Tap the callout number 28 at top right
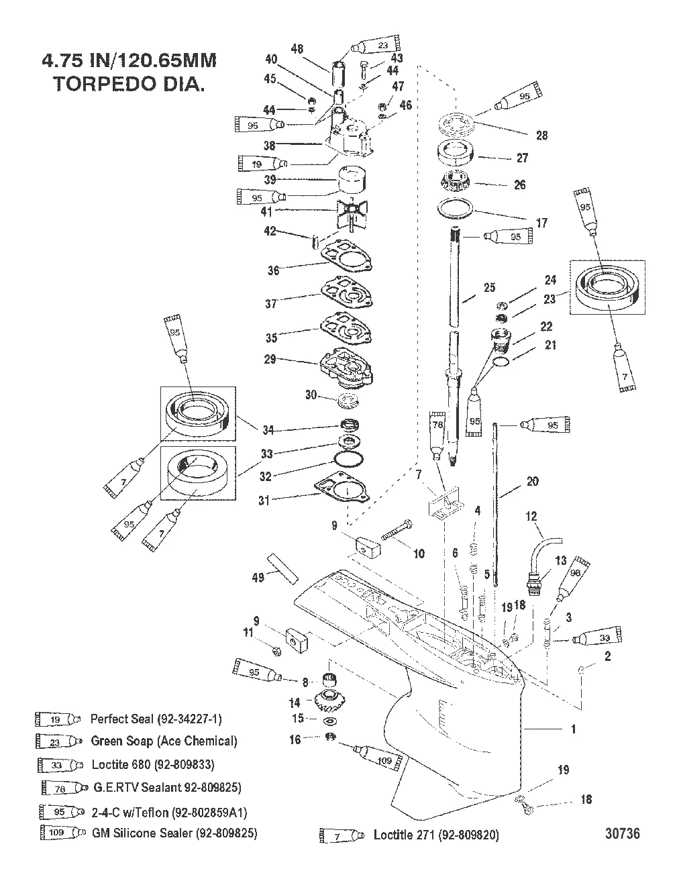(541, 135)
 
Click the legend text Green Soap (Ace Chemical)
(164, 741)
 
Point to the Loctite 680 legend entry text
(152, 764)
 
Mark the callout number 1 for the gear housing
(572, 729)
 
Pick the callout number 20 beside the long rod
(532, 481)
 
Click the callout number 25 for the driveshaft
(489, 287)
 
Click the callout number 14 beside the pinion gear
(295, 703)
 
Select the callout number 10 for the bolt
(419, 554)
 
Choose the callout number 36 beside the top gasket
(273, 270)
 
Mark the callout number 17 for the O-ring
(541, 223)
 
